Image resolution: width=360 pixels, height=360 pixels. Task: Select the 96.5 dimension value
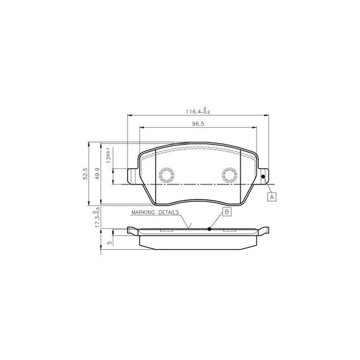point(197,124)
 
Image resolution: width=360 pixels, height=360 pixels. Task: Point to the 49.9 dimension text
point(98,174)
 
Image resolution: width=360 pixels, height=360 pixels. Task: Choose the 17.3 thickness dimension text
point(99,222)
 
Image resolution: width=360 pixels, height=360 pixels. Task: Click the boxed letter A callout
point(272,197)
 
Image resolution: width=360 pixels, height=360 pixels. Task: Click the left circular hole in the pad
point(166,176)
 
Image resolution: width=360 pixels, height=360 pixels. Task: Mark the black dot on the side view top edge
point(210,229)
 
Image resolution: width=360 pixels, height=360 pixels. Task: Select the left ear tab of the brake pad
point(132,175)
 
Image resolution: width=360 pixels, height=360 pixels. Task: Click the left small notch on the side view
point(166,230)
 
